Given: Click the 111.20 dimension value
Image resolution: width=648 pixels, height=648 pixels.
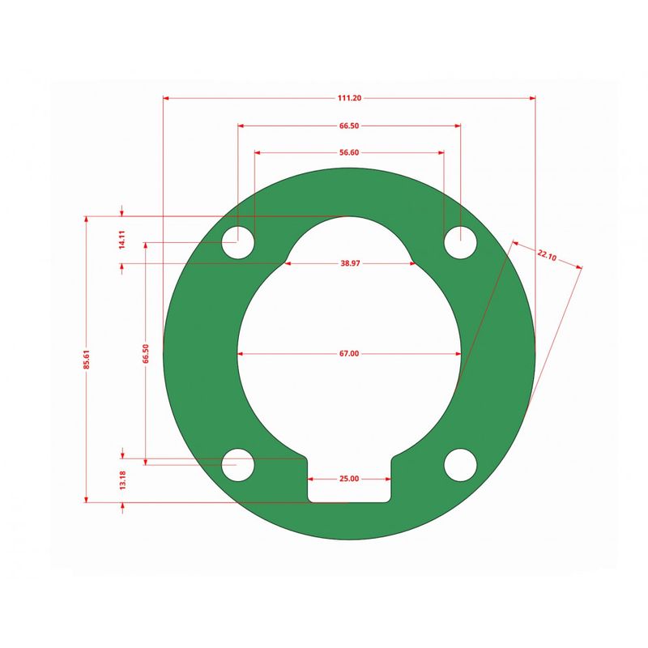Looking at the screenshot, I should click(349, 98).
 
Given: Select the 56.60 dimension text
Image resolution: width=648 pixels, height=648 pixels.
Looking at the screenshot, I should click(349, 152).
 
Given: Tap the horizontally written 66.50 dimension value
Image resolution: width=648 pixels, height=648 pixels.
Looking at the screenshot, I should click(349, 126).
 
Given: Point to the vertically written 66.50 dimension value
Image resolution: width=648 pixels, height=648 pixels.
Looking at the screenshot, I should click(145, 354).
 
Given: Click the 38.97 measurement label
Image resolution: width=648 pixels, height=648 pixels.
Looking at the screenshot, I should click(349, 264).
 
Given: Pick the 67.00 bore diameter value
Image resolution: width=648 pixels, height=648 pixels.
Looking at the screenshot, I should click(349, 354).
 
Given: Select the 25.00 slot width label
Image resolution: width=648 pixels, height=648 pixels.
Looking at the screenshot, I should click(349, 480).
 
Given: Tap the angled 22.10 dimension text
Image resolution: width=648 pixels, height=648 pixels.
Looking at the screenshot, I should click(547, 256).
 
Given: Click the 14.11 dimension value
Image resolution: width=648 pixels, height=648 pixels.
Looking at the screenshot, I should click(122, 240).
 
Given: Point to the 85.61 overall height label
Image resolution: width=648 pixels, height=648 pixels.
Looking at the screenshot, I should click(87, 360).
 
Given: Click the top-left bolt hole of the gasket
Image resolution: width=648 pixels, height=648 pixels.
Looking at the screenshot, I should click(238, 242).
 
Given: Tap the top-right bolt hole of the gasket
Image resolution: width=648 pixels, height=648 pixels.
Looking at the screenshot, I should click(460, 242).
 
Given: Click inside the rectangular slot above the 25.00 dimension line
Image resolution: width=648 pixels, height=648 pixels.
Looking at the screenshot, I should click(349, 491).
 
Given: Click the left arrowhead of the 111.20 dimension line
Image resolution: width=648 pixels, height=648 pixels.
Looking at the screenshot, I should click(167, 98).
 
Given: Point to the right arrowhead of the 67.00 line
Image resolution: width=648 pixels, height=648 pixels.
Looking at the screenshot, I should click(458, 354).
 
